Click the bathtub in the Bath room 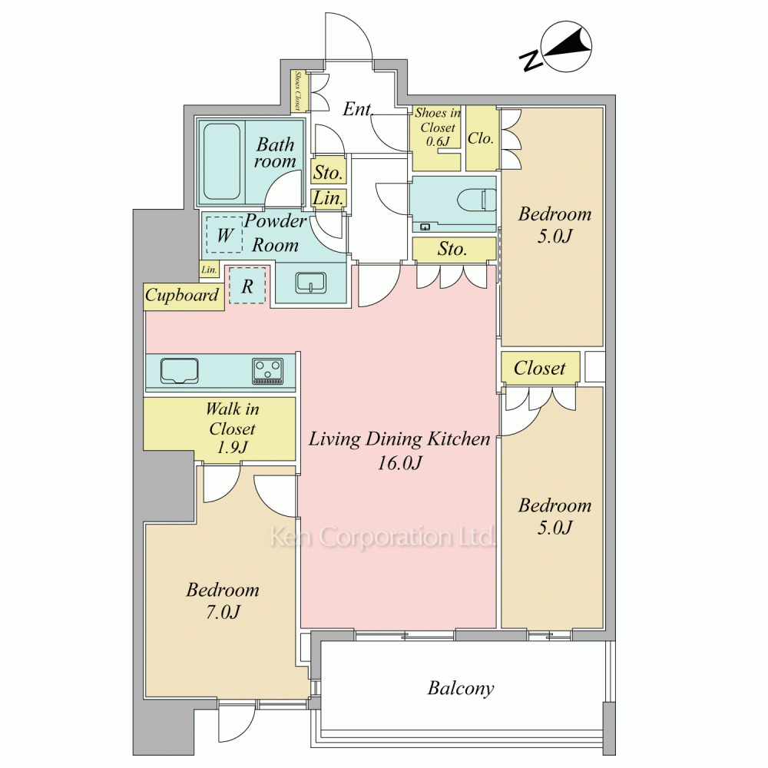point(221,161)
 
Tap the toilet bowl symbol point(477,200)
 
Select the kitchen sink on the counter point(179,371)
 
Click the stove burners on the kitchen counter point(267,371)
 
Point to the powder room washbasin point(310,283)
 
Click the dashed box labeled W point(224,234)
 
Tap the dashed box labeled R point(247,285)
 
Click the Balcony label point(460,688)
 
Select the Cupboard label point(182,296)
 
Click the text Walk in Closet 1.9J point(232,428)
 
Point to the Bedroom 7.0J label point(223,601)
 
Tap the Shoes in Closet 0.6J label point(438,127)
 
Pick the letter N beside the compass point(531,60)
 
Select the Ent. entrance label point(358,109)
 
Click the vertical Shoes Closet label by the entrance point(297,91)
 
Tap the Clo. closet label point(481,138)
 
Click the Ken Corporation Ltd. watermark point(382,538)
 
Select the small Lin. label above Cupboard point(209,270)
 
